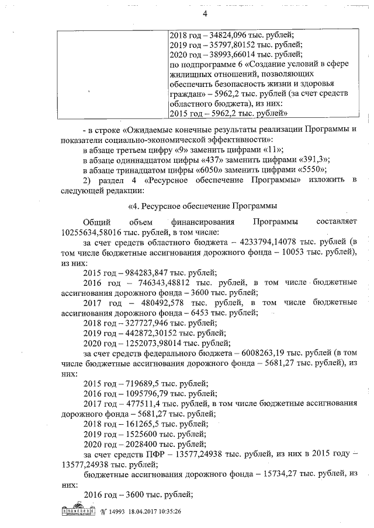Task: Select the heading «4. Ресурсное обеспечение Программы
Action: pos(202,205)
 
